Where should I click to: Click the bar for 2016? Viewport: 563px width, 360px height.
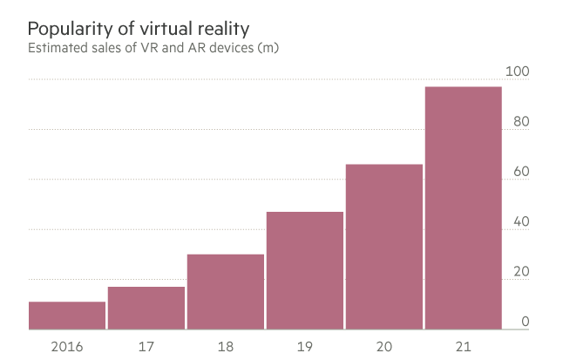pyautogui.click(x=67, y=316)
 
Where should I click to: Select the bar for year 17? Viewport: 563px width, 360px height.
pyautogui.click(x=146, y=309)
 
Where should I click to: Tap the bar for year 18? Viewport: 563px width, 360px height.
pyautogui.click(x=226, y=292)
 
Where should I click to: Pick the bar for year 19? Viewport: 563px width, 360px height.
pyautogui.click(x=305, y=271)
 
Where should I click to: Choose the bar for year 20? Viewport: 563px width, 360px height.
pyautogui.click(x=384, y=247)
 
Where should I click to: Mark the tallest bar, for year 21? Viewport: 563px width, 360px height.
pyautogui.click(x=464, y=208)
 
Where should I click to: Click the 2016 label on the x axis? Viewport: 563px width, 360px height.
pyautogui.click(x=67, y=346)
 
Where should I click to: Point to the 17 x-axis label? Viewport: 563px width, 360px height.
pyautogui.click(x=146, y=346)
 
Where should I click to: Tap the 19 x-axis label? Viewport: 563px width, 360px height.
pyautogui.click(x=305, y=346)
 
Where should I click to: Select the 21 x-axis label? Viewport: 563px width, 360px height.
pyautogui.click(x=464, y=346)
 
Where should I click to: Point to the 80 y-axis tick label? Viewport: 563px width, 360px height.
pyautogui.click(x=521, y=121)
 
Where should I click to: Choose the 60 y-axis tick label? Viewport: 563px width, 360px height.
pyautogui.click(x=521, y=172)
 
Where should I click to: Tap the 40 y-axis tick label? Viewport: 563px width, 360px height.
pyautogui.click(x=521, y=221)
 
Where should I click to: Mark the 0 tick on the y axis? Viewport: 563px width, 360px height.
pyautogui.click(x=525, y=323)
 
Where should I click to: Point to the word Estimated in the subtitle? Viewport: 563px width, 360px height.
pyautogui.click(x=59, y=46)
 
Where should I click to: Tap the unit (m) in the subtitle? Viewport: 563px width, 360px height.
pyautogui.click(x=267, y=46)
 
